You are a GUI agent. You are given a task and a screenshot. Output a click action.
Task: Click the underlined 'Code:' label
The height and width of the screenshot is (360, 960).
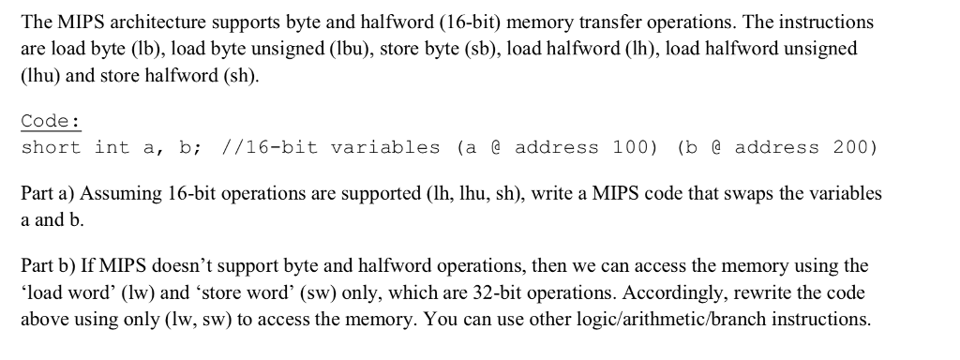[51, 121]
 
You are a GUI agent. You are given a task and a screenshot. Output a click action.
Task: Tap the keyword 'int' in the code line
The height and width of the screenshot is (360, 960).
[112, 147]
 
